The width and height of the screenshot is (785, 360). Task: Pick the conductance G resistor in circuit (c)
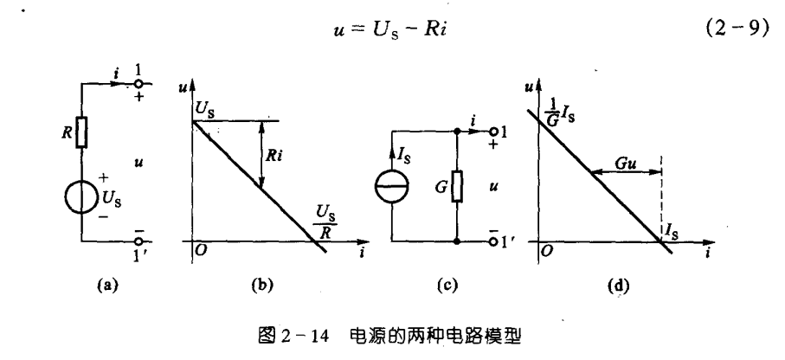pos(455,184)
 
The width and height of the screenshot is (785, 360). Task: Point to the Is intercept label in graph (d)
pos(672,228)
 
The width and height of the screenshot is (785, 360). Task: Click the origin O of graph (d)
pos(546,251)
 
